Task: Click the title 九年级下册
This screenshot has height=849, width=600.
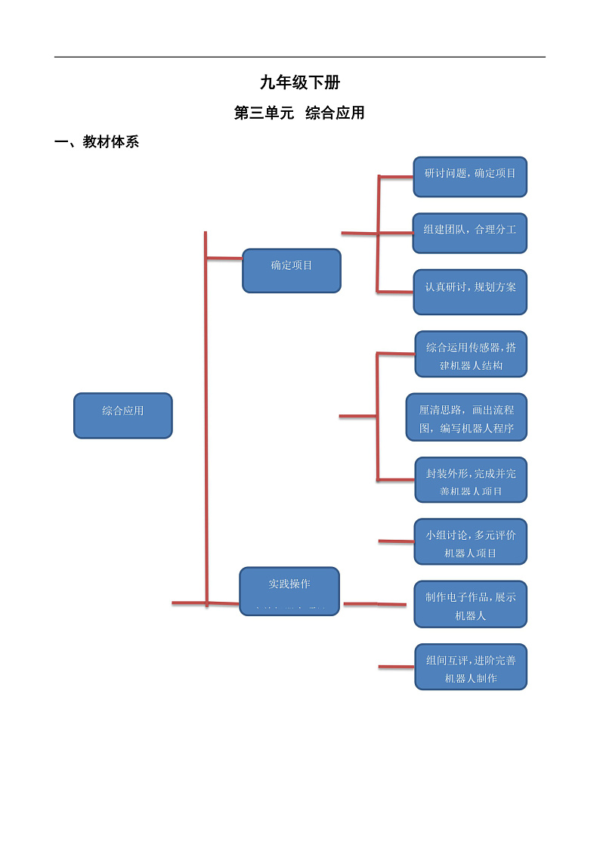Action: point(300,83)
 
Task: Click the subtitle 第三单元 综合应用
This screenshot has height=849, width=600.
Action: point(300,113)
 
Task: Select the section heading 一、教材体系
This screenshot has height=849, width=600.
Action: point(97,142)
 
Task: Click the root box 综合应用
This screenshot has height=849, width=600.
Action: point(123,415)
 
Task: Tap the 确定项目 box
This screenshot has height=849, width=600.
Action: point(292,270)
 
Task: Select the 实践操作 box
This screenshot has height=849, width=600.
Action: point(289,590)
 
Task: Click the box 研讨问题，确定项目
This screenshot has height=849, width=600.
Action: point(470,177)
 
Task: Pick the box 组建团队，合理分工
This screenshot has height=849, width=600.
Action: point(470,233)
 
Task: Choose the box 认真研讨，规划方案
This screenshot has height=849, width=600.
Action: point(470,292)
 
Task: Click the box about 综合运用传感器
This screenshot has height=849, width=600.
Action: point(471,354)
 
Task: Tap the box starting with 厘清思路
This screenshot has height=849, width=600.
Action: point(466,417)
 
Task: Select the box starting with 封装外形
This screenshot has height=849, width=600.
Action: point(471,479)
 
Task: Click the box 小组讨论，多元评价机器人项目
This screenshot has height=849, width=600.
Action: point(471,541)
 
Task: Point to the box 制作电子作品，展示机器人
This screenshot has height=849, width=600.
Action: point(471,604)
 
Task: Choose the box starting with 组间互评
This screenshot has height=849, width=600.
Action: point(471,667)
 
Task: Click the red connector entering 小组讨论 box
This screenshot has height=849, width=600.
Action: point(396,541)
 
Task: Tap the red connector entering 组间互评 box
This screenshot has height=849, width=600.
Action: point(396,667)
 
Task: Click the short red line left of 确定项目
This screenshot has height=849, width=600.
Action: point(224,259)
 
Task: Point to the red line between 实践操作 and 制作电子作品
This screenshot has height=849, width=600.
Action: point(375,604)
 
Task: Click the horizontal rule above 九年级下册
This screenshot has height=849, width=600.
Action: point(300,57)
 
